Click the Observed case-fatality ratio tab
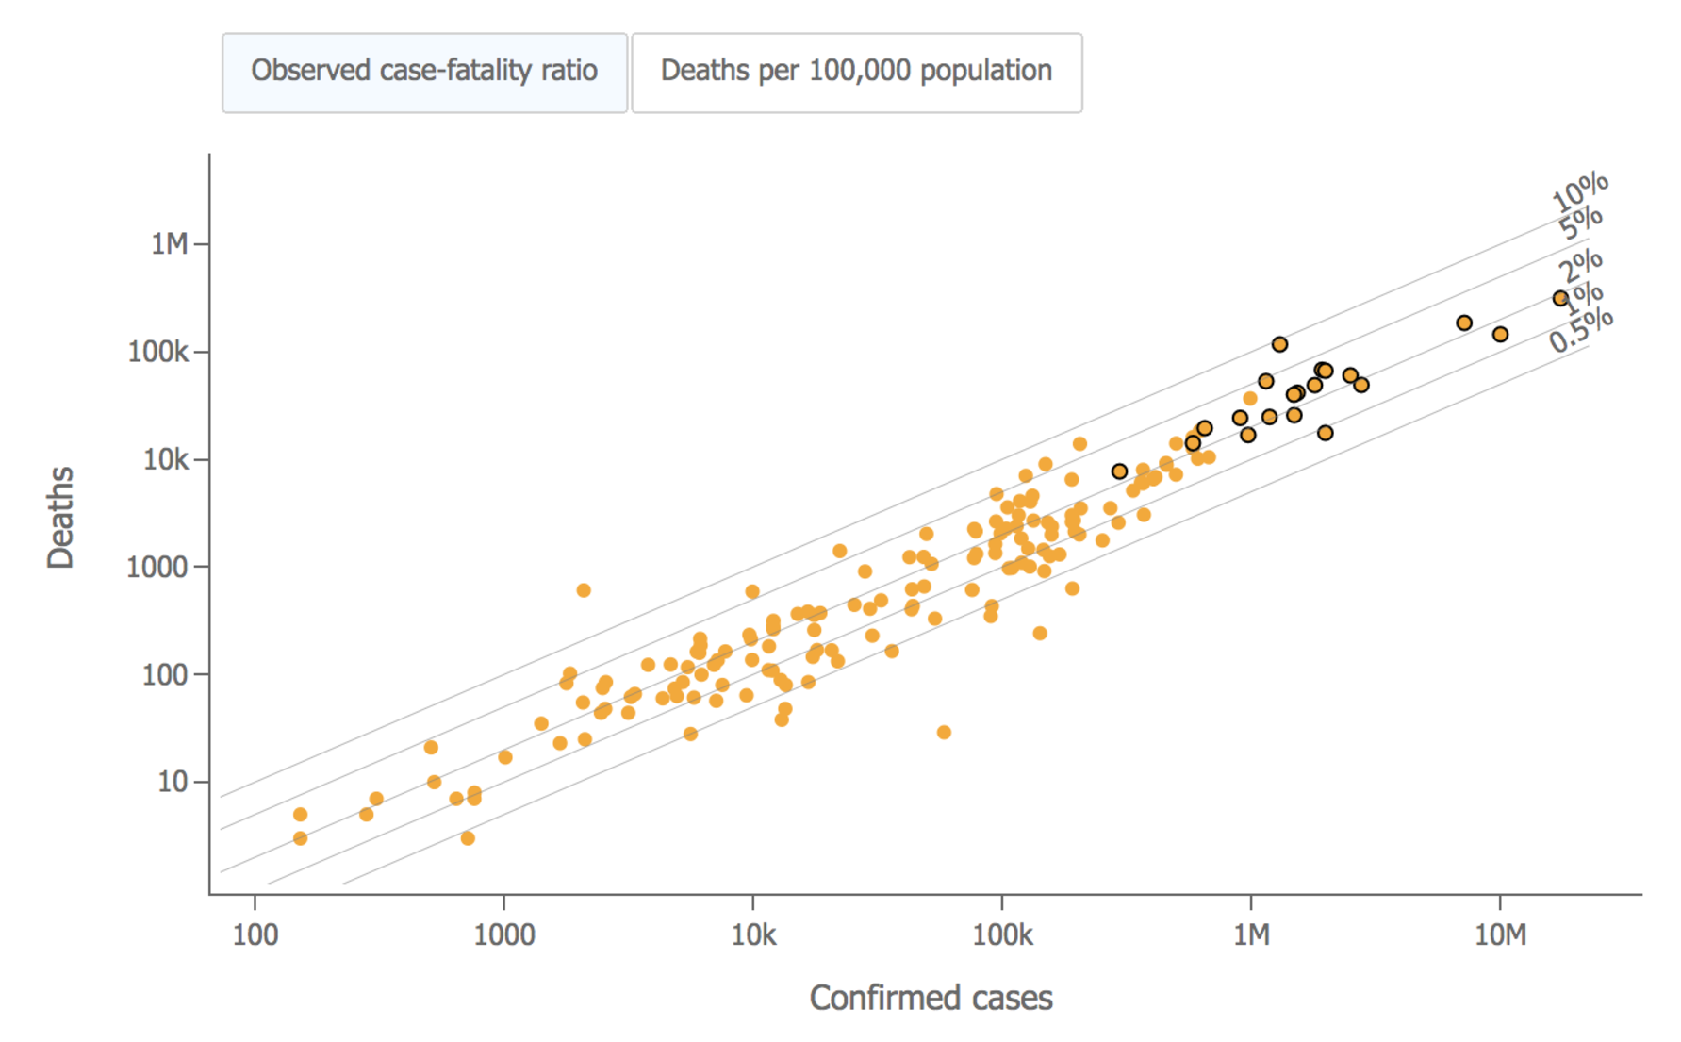(x=424, y=72)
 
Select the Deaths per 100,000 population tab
(x=856, y=72)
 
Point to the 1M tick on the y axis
(x=171, y=244)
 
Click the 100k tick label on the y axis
(x=157, y=352)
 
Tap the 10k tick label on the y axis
(x=165, y=459)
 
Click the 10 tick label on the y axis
(x=172, y=782)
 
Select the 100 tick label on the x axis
(x=255, y=934)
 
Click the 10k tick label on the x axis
(x=753, y=934)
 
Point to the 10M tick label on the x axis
(x=1500, y=934)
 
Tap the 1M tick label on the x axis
(x=1251, y=934)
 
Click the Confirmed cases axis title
(x=931, y=998)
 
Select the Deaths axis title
(x=60, y=517)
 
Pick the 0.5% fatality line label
(x=1581, y=331)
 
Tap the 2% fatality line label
(x=1580, y=266)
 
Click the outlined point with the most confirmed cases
(x=1560, y=298)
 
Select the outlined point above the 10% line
(x=1279, y=344)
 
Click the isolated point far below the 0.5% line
(x=944, y=732)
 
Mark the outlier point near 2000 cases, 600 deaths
(x=584, y=590)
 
